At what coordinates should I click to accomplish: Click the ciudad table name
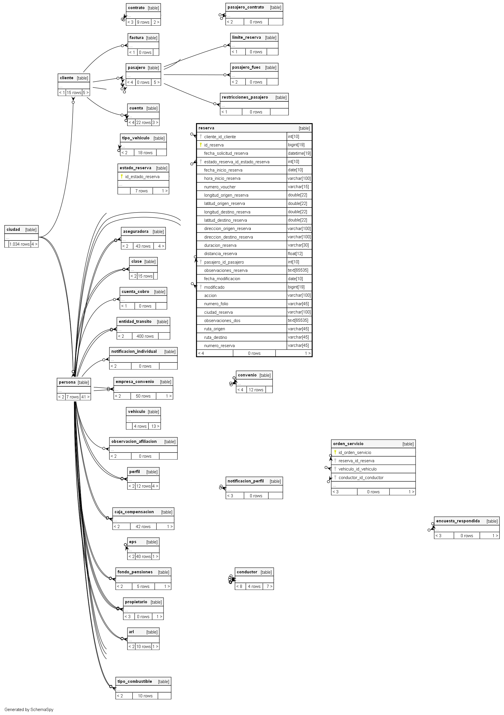(x=13, y=229)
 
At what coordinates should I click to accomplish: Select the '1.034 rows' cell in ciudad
(x=19, y=244)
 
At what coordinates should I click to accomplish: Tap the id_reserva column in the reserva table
(x=214, y=145)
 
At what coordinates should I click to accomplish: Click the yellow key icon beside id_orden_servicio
(x=335, y=452)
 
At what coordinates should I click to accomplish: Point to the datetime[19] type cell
(x=299, y=153)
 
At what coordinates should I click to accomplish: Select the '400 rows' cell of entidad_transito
(x=145, y=336)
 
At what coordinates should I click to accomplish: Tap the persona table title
(x=67, y=382)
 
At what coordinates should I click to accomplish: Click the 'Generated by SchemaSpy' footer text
(x=29, y=709)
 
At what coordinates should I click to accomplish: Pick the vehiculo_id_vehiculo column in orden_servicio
(x=357, y=469)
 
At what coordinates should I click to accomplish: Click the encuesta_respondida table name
(x=458, y=521)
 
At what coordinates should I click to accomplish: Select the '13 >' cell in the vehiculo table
(x=155, y=426)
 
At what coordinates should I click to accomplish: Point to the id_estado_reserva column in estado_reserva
(x=142, y=177)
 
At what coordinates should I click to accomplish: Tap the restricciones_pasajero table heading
(x=245, y=97)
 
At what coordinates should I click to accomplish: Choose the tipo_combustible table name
(x=135, y=681)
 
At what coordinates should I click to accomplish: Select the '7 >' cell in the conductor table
(x=269, y=586)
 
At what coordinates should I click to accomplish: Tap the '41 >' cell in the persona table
(x=85, y=397)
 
